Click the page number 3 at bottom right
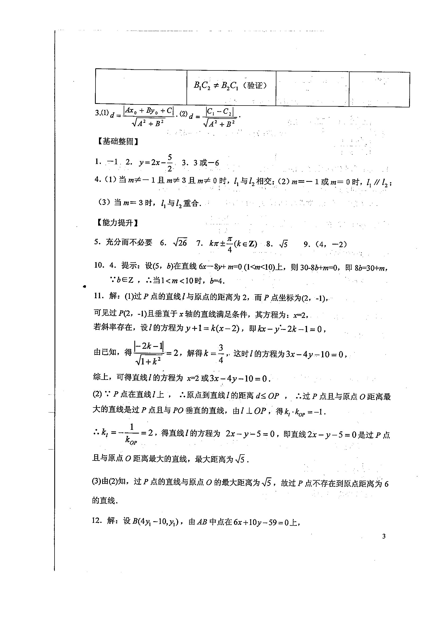pos(384,536)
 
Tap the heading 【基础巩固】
pos(118,141)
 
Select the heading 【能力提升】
pos(118,223)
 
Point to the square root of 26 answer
pos(180,243)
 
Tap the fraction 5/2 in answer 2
pos(170,163)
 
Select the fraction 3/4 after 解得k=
pos(221,354)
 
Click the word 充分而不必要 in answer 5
pos(129,242)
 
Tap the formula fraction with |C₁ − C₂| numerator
pos(219,117)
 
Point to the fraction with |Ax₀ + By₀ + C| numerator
pos(148,117)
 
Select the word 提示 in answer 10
pos(130,266)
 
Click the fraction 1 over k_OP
pos(131,435)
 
